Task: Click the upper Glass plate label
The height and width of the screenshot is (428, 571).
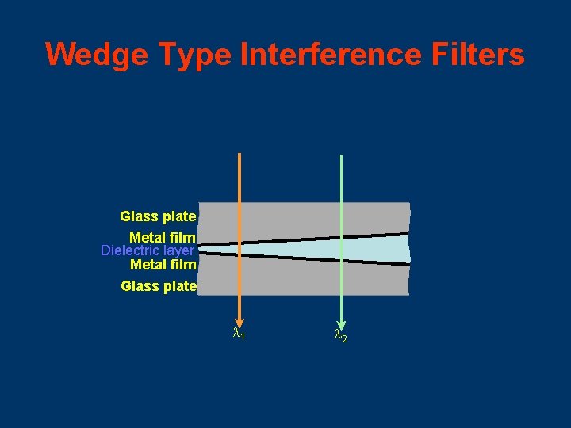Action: [158, 216]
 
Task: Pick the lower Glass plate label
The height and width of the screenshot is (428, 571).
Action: [159, 286]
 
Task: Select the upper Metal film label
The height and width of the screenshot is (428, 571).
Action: [163, 237]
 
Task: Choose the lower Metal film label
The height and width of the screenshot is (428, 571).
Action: [163, 264]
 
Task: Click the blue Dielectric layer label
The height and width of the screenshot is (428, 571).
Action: [148, 250]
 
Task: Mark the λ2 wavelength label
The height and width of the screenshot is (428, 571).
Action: [340, 337]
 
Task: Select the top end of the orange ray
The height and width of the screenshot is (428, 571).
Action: [239, 154]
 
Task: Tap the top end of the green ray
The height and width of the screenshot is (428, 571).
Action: [341, 155]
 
